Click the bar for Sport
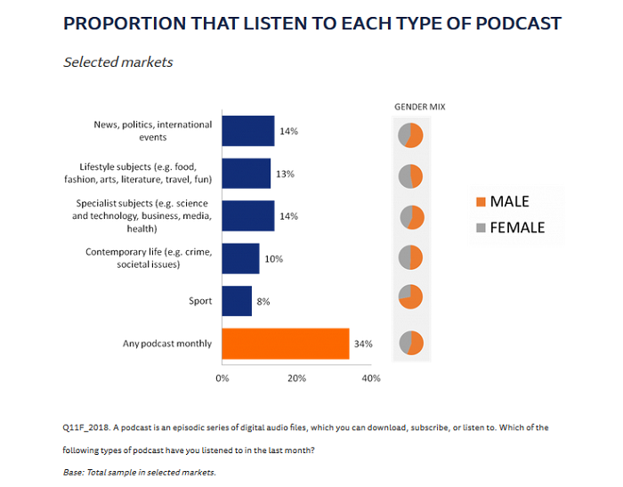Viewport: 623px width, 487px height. pyautogui.click(x=237, y=301)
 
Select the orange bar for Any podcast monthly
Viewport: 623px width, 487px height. pyautogui.click(x=285, y=344)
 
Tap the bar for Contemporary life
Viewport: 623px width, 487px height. pyautogui.click(x=240, y=258)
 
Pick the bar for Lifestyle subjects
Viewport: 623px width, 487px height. pyautogui.click(x=246, y=174)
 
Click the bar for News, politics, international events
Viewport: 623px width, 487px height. pyautogui.click(x=247, y=131)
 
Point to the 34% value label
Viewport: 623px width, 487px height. pyautogui.click(x=363, y=344)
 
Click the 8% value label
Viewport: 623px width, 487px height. pyautogui.click(x=264, y=301)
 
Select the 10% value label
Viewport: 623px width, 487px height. pyautogui.click(x=273, y=258)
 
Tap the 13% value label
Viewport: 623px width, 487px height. pyautogui.click(x=285, y=174)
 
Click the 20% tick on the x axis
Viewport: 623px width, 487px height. pyautogui.click(x=296, y=378)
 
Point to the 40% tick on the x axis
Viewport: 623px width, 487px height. pyautogui.click(x=371, y=378)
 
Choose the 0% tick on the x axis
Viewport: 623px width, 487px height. pyautogui.click(x=222, y=378)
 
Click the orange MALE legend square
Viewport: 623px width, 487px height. pyautogui.click(x=481, y=202)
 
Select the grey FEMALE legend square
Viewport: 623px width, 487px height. pyautogui.click(x=481, y=228)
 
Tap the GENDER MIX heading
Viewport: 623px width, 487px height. pyautogui.click(x=420, y=107)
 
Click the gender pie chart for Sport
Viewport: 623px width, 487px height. pyautogui.click(x=410, y=297)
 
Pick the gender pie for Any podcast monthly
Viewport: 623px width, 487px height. pyautogui.click(x=410, y=343)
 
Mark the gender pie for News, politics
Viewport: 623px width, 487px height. pyautogui.click(x=410, y=135)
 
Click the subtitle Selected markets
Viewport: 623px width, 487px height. pyautogui.click(x=118, y=62)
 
